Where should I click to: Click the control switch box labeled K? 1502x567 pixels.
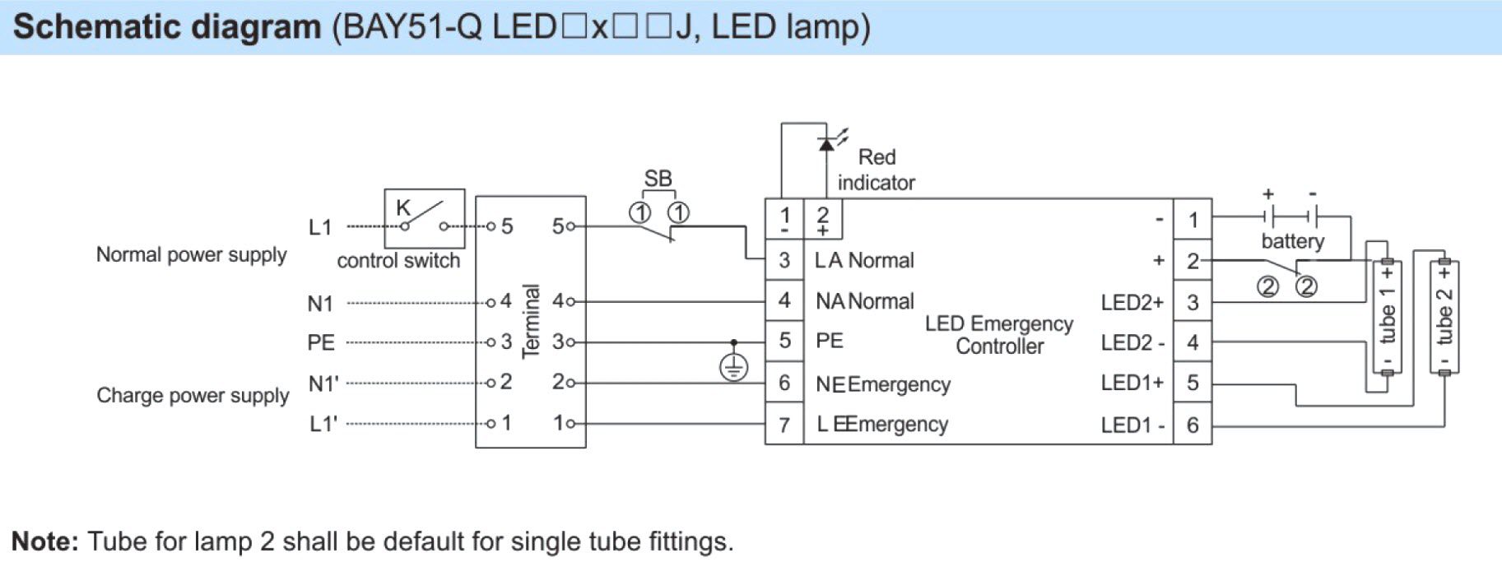[x=424, y=218]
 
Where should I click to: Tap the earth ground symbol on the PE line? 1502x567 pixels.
[x=733, y=367]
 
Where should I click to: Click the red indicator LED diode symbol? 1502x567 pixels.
[x=826, y=145]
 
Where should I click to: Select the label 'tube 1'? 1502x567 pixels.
[x=1388, y=316]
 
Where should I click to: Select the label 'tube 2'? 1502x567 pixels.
[x=1444, y=316]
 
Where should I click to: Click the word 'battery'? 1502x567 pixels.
[x=1292, y=241]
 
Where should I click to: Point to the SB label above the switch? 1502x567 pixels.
[x=658, y=179]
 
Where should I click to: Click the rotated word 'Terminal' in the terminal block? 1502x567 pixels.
[x=531, y=321]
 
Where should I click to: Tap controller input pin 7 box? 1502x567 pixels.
[x=784, y=425]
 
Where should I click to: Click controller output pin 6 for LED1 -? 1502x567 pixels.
[x=1193, y=425]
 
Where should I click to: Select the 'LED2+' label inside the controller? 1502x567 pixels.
[x=1132, y=303]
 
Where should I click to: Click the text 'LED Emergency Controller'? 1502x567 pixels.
[x=998, y=335]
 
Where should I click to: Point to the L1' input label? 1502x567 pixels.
[x=323, y=425]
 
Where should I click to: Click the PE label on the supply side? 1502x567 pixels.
[x=321, y=342]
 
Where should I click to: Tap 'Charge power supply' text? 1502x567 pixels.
[x=193, y=396]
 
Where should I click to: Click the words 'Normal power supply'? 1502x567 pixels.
[x=191, y=255]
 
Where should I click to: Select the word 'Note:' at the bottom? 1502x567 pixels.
[x=45, y=541]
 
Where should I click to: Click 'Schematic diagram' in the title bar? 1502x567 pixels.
[x=167, y=27]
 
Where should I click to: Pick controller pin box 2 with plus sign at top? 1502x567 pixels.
[x=822, y=220]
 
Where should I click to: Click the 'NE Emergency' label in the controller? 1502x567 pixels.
[x=882, y=384]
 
